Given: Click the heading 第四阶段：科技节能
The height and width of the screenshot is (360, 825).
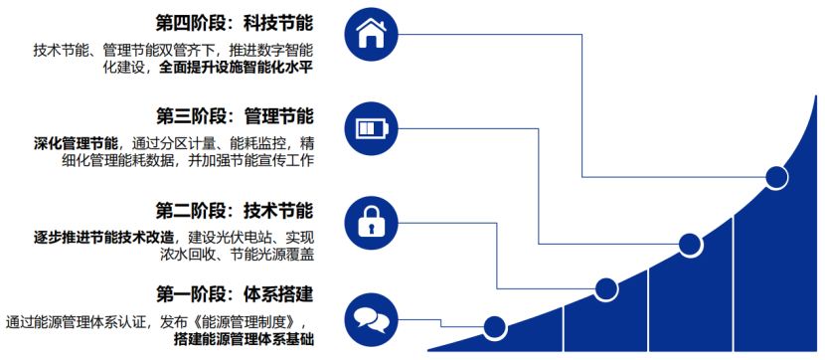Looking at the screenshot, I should (x=235, y=21).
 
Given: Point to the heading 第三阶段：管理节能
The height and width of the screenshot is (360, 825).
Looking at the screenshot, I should (x=235, y=116).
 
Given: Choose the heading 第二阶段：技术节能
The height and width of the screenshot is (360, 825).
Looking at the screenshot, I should (x=235, y=211).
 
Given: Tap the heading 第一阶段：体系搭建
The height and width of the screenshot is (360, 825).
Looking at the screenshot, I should (x=235, y=294).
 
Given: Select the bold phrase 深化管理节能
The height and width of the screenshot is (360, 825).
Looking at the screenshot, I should (x=76, y=142).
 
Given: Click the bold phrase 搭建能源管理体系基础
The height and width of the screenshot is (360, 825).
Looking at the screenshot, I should (x=244, y=339).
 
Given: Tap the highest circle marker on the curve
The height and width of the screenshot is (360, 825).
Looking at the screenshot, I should (x=776, y=179).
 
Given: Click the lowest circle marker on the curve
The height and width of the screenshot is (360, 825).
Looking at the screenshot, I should (x=493, y=324).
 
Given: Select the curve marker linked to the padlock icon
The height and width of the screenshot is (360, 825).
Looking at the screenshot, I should (x=606, y=289).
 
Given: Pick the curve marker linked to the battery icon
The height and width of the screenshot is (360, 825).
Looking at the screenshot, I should (x=690, y=243).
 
